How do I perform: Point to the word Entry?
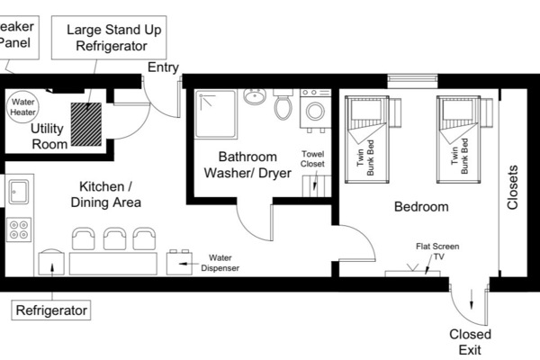pos(165,67)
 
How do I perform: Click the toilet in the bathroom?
pos(283,107)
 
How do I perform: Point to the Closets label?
pos(513,186)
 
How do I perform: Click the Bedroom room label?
pos(420,207)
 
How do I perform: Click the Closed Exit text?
pos(470,342)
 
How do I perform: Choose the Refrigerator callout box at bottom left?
pos(52,310)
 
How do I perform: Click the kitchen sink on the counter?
pos(18,191)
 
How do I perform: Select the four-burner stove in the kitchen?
pos(18,230)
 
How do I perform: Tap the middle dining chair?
pos(114,238)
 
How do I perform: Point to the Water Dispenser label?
pos(220,262)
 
